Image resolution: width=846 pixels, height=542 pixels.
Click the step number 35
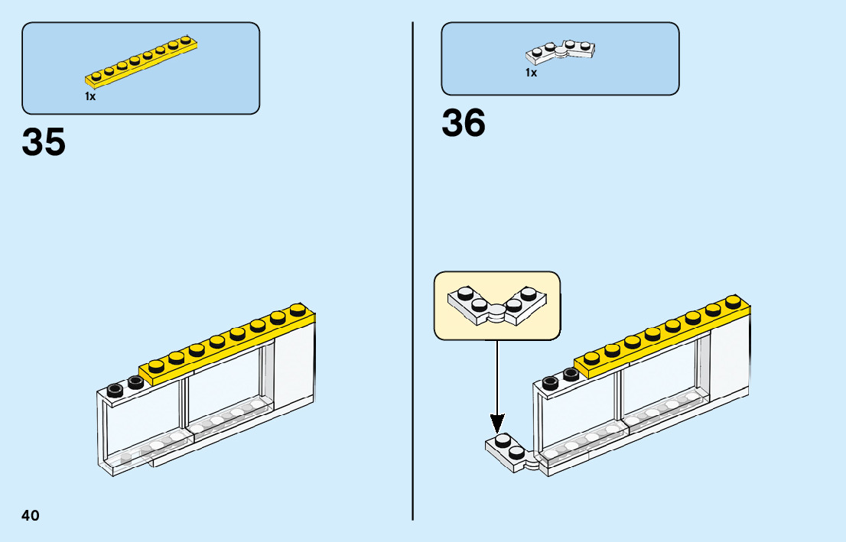(x=44, y=142)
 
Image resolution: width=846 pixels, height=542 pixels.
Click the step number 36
(x=464, y=124)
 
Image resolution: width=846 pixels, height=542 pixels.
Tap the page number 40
(x=31, y=516)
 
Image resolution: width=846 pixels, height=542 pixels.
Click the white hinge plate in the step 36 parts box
(x=561, y=52)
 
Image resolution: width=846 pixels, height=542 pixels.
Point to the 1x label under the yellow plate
(x=90, y=97)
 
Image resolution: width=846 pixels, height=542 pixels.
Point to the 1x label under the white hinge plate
(x=531, y=73)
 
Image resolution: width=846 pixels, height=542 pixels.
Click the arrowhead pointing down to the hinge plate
(x=497, y=422)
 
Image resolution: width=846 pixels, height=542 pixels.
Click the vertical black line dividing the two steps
(x=413, y=268)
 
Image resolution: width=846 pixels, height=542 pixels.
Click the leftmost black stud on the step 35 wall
(x=116, y=389)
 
